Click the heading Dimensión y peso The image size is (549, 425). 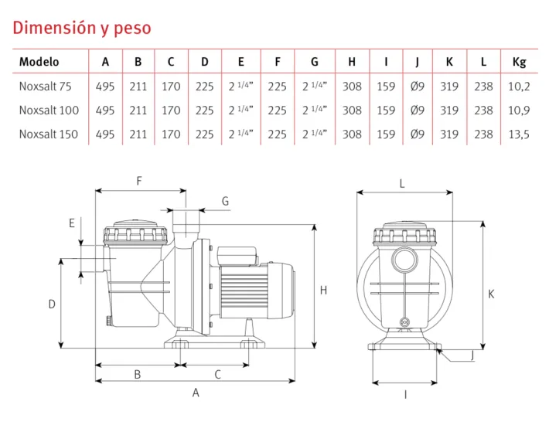82,29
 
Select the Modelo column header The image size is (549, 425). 39,62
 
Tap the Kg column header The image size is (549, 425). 519,62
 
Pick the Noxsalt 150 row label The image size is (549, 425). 48,134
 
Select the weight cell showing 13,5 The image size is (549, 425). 519,134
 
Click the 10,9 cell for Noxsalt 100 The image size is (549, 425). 519,110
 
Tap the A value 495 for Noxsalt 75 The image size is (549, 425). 105,87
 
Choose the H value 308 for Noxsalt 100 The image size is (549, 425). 352,110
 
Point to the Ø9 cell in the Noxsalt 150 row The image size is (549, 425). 418,134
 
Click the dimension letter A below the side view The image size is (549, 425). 196,393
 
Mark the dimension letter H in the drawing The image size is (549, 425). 324,291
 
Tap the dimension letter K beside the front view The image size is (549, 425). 491,294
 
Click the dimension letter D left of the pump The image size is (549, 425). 52,304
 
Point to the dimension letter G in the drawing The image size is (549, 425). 225,201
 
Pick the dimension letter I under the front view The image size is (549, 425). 405,395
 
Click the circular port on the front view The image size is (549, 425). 404,260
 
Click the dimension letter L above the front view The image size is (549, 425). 402,183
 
